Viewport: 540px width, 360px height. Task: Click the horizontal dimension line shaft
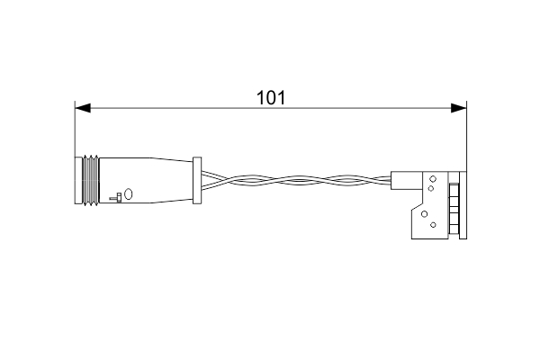pyautogui.click(x=180, y=109)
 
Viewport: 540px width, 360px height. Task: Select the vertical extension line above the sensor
pyautogui.click(x=467, y=135)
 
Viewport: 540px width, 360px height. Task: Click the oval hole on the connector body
pyautogui.click(x=128, y=193)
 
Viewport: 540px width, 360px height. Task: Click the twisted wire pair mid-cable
pyautogui.click(x=297, y=183)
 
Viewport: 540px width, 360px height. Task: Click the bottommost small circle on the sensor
pyautogui.click(x=433, y=223)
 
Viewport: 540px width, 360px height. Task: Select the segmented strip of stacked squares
pyautogui.click(x=454, y=206)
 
